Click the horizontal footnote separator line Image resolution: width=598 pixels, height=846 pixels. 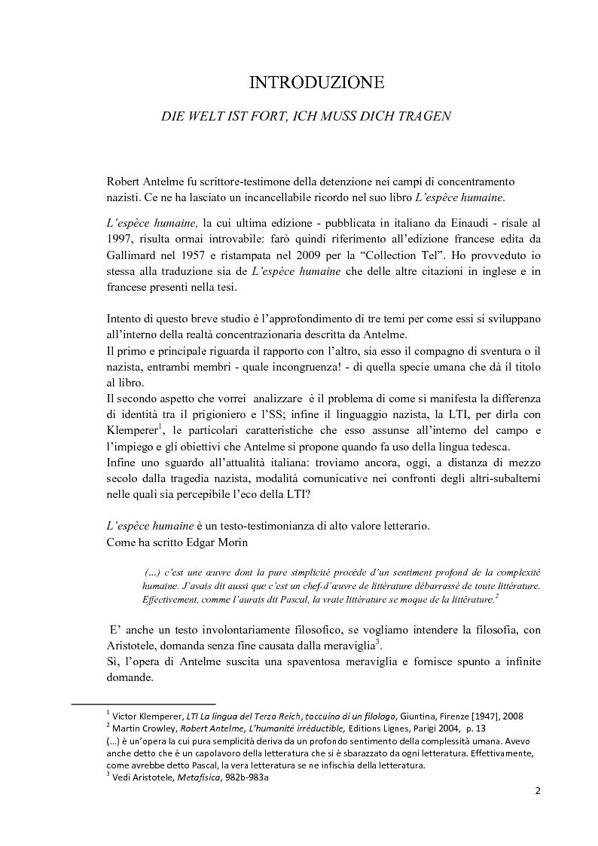click(143, 705)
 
